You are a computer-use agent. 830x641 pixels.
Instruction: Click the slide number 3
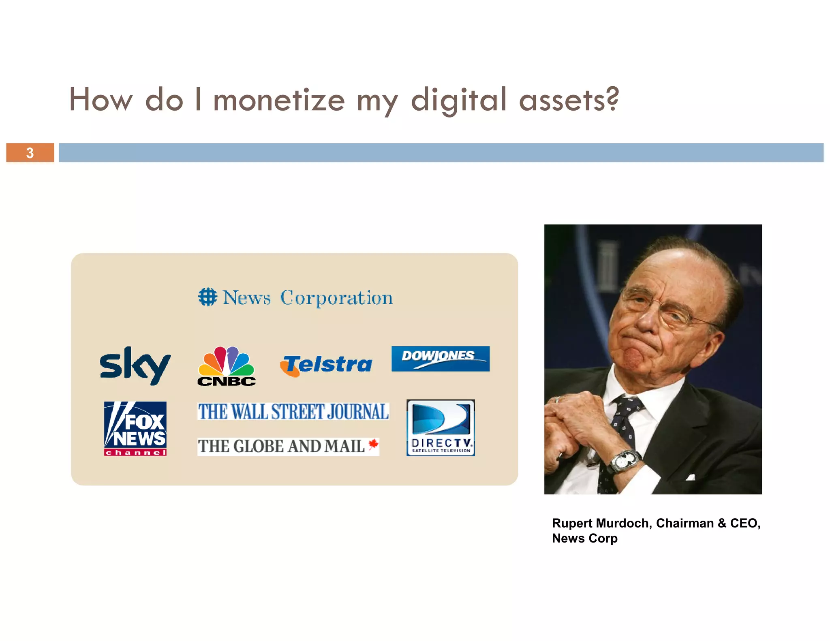30,153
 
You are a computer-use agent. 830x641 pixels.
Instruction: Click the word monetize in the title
279,100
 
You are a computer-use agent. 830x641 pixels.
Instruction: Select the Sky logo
135,365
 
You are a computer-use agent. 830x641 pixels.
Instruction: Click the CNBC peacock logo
227,366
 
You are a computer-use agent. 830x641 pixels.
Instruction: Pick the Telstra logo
326,365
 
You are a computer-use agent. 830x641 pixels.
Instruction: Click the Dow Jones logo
440,359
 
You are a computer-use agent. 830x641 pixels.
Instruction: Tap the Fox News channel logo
135,429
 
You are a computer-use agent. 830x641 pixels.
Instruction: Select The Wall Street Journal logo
293,411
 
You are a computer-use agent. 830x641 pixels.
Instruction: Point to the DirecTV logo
441,428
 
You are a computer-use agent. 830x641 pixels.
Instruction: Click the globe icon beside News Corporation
207,297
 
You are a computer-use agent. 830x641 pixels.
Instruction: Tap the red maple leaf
373,444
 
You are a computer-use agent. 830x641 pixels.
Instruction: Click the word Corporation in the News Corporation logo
336,298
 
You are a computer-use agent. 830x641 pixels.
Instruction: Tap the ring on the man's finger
558,400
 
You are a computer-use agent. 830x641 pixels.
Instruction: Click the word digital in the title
459,100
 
